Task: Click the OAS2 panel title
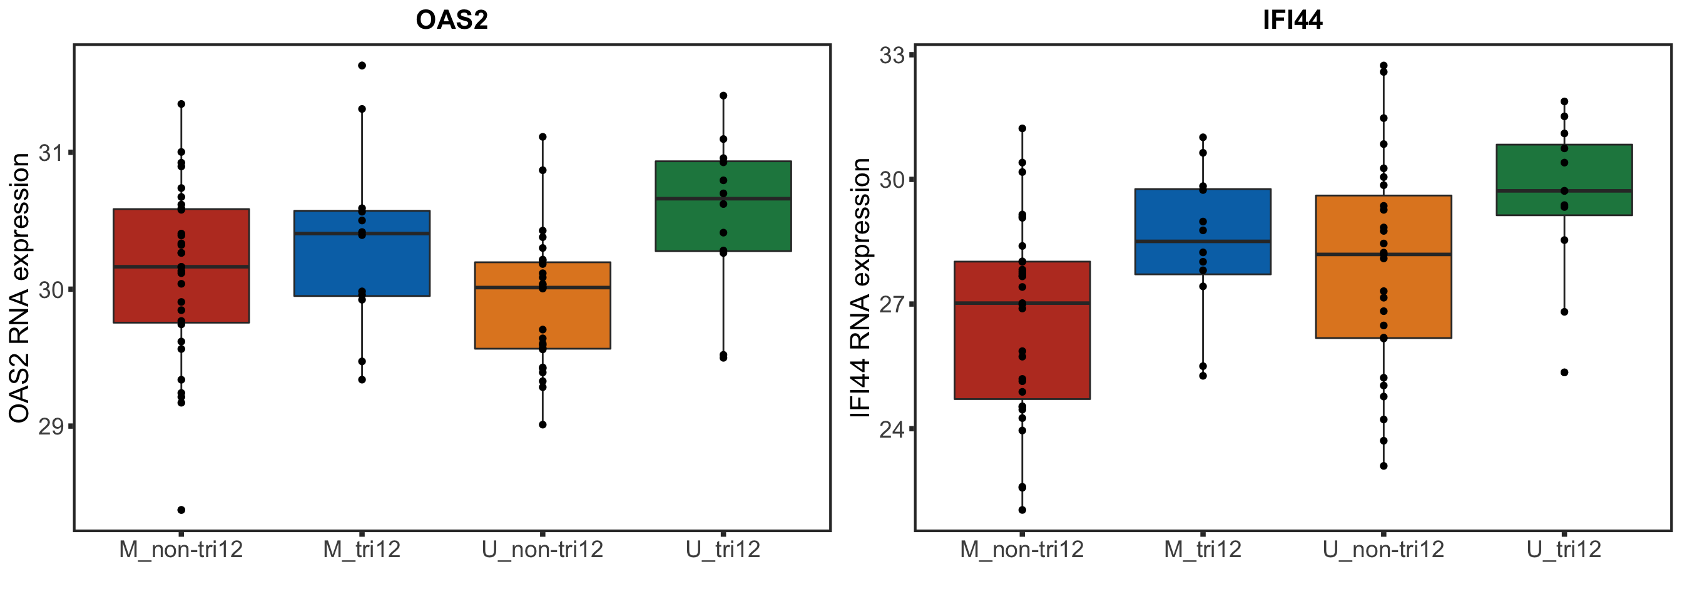tap(451, 20)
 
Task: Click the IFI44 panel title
tap(1292, 20)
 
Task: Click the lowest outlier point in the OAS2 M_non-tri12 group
tap(181, 510)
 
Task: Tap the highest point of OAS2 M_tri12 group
tap(362, 65)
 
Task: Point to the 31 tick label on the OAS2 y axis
tap(51, 153)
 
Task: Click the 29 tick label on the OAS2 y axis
tap(51, 426)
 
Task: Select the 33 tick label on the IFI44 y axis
tap(892, 56)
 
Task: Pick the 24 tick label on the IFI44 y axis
tap(892, 429)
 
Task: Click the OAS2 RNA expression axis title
tap(19, 288)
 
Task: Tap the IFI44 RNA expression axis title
tap(860, 288)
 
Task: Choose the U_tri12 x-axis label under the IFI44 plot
tap(1564, 550)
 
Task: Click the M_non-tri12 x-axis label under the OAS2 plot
tap(181, 550)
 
